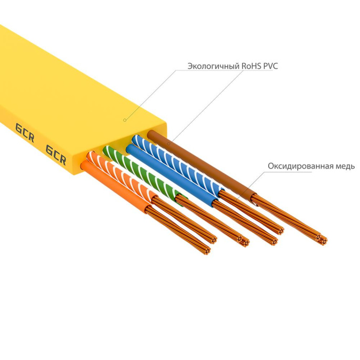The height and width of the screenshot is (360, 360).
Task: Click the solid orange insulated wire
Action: (113, 187)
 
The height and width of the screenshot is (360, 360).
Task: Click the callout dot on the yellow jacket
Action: (125, 120)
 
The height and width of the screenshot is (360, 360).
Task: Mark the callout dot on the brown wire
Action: (168, 142)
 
